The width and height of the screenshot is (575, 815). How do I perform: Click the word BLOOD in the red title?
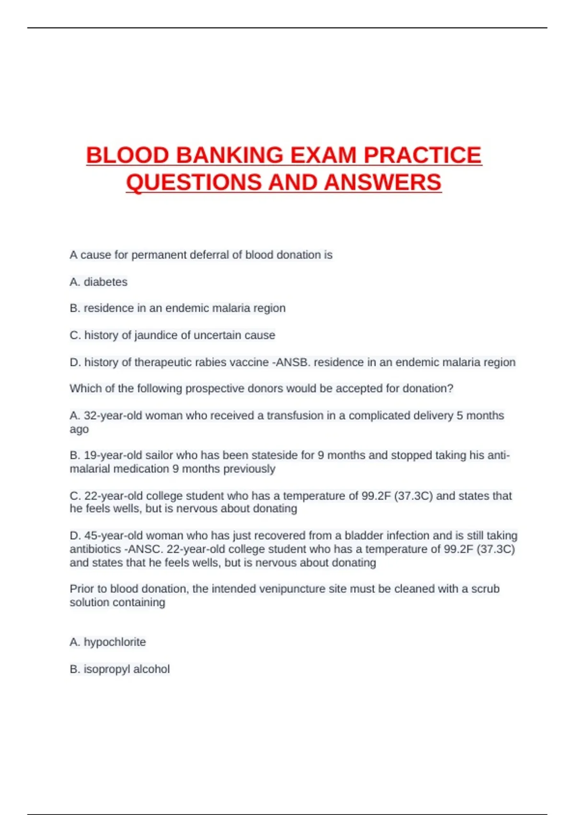127,155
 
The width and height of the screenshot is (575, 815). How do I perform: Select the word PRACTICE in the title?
422,155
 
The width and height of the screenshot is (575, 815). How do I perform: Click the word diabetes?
105,282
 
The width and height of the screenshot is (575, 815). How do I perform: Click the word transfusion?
295,415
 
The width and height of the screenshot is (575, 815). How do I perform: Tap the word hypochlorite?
115,642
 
